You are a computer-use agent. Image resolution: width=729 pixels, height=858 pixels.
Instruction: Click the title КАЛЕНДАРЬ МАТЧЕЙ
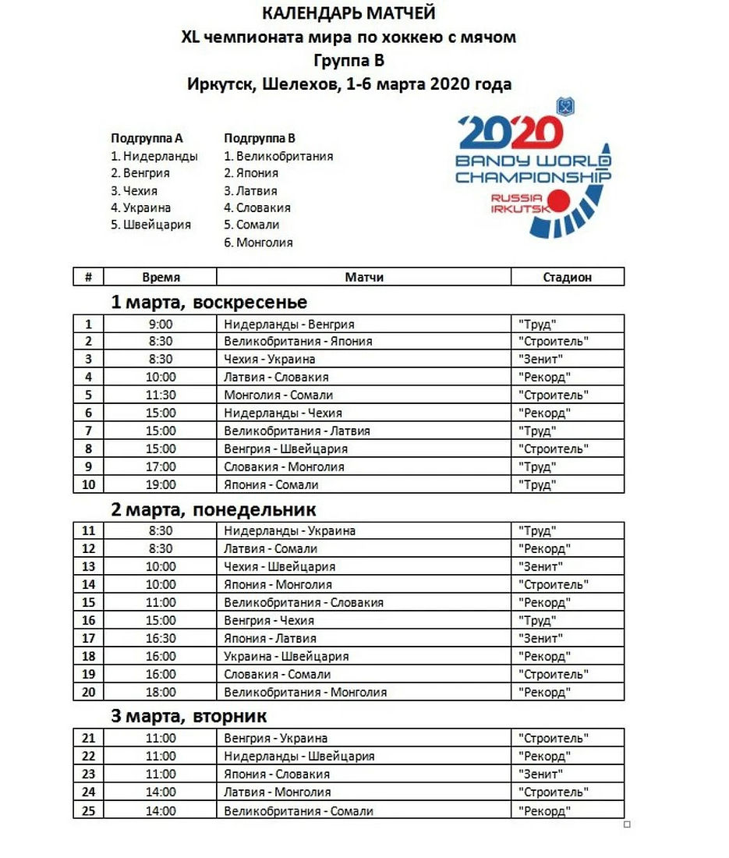click(349, 13)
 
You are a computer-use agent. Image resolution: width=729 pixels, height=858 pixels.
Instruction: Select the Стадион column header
click(567, 277)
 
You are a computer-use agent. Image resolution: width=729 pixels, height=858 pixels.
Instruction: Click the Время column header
click(161, 277)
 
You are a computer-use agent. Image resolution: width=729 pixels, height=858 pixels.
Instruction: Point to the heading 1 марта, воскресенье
click(209, 302)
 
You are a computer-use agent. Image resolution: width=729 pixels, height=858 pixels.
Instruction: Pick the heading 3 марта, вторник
click(189, 715)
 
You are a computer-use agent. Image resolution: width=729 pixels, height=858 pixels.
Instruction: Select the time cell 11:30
click(161, 395)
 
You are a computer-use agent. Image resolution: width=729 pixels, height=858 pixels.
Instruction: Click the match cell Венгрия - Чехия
click(269, 620)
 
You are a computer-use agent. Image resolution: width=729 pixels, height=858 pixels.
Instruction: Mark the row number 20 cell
click(88, 692)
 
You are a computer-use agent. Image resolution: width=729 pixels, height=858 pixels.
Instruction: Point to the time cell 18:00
click(161, 692)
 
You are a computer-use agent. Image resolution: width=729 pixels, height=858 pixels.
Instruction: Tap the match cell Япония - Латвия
click(270, 638)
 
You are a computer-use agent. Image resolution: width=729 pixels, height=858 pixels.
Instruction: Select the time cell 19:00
click(161, 484)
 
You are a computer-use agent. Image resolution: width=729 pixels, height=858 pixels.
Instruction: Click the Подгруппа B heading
click(259, 138)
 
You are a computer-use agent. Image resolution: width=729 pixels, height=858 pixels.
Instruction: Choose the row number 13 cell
click(88, 566)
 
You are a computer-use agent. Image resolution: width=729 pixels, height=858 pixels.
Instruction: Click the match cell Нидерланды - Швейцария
click(299, 756)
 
